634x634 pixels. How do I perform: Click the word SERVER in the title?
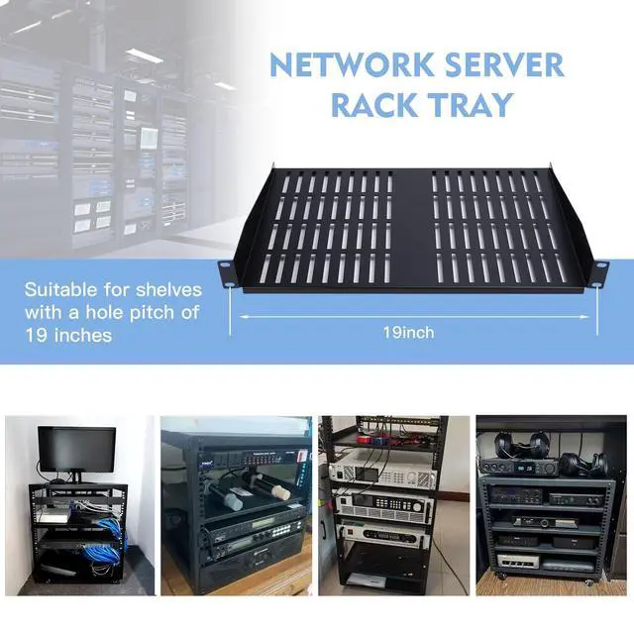pyautogui.click(x=505, y=66)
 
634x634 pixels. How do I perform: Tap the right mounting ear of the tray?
pyautogui.click(x=599, y=269)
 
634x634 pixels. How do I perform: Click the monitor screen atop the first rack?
pyautogui.click(x=77, y=447)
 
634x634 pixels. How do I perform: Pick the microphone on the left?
pyautogui.click(x=225, y=494)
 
